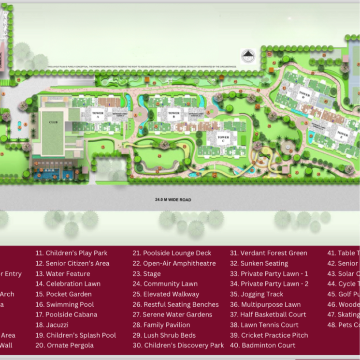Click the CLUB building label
pos(53,122)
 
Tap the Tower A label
pos(98,115)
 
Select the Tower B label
pos(173,115)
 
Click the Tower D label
pos(304,94)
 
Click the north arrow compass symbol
pos(247,56)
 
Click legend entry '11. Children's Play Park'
pos(72,253)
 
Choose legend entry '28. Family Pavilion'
pos(167,325)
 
